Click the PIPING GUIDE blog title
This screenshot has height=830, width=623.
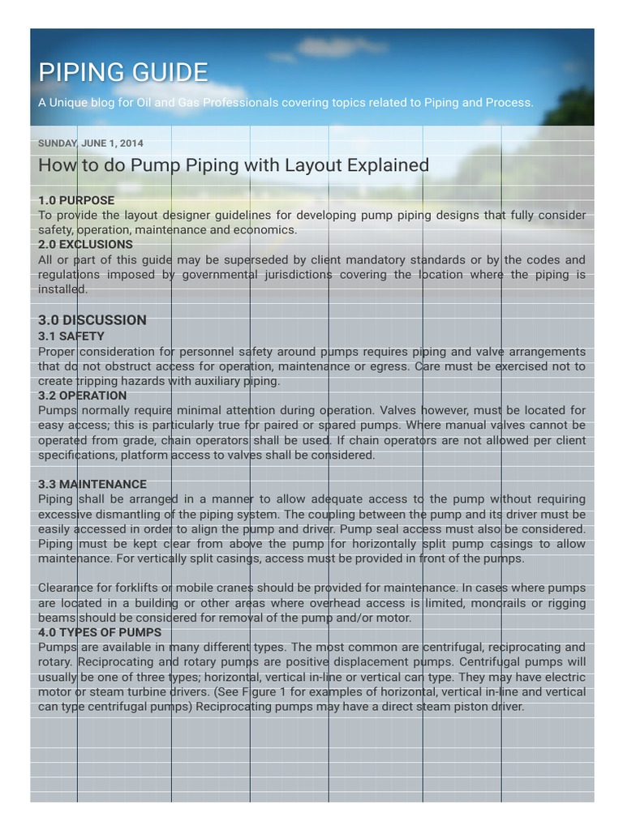(x=123, y=73)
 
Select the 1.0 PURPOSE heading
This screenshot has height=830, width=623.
(x=76, y=200)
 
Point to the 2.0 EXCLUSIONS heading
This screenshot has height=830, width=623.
(x=85, y=244)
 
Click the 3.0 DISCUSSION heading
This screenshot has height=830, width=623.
(x=92, y=320)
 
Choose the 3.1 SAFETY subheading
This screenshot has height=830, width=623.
(x=71, y=336)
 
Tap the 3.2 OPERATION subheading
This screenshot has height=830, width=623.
(x=82, y=396)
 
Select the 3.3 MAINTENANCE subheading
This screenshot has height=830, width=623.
(x=92, y=484)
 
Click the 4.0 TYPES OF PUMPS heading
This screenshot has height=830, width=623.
(x=100, y=632)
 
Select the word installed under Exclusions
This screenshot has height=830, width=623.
(x=62, y=289)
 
